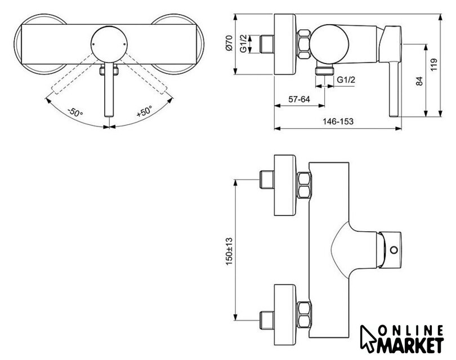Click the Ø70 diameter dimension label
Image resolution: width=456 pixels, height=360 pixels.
point(230,43)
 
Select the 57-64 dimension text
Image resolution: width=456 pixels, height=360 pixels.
point(299,100)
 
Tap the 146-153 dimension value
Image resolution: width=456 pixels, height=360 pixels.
point(338,121)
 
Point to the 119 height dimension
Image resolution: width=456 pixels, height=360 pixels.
point(434,65)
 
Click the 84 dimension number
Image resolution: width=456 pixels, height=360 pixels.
point(419,81)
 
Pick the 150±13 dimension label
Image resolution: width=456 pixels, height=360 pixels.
point(229,251)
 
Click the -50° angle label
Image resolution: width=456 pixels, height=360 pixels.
point(75,112)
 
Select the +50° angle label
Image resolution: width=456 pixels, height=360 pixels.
point(145,111)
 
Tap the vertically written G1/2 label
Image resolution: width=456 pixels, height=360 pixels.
point(243,43)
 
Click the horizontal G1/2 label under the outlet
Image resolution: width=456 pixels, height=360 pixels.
point(346,80)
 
